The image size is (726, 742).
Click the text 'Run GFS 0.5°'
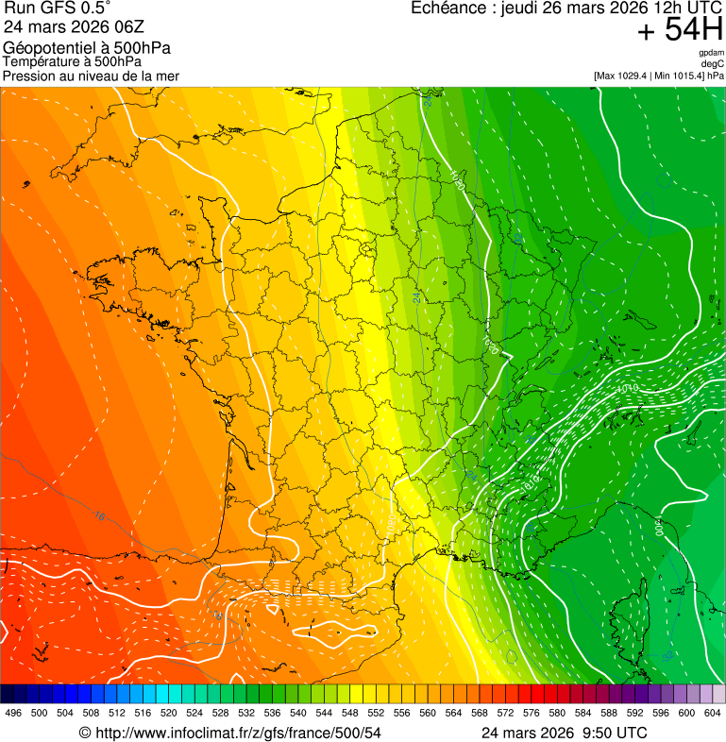coord(57,8)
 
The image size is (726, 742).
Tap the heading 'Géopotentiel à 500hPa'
coord(87,48)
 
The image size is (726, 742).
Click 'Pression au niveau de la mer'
coord(91,76)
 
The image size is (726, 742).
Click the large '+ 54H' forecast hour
coord(680,31)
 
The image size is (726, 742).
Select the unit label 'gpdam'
coord(711,54)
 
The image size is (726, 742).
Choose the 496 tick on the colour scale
coord(13,713)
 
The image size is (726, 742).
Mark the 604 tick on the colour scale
coord(713,713)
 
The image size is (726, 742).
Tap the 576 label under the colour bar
coord(532,713)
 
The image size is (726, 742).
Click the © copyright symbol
coord(85,733)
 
